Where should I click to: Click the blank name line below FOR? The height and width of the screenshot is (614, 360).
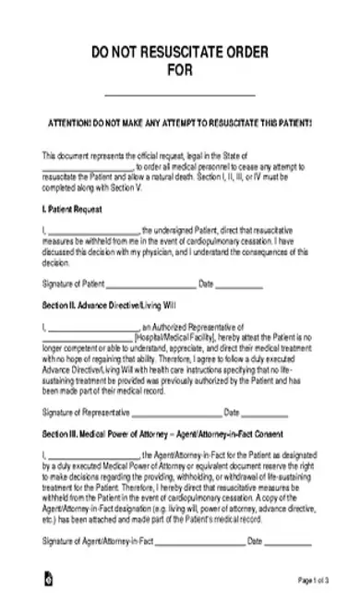(x=179, y=95)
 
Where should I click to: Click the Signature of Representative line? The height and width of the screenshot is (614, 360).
(x=172, y=413)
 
